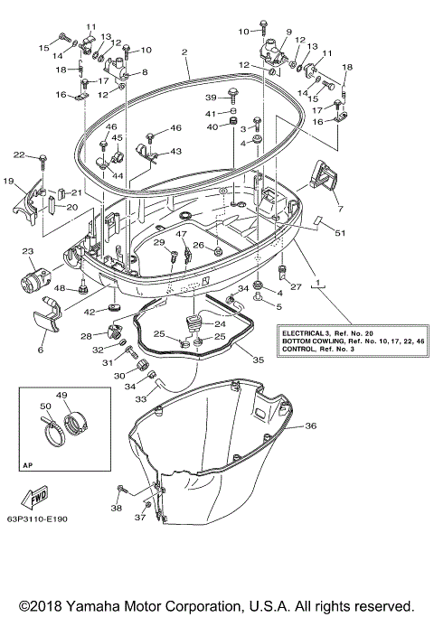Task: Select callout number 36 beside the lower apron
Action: pos(310,425)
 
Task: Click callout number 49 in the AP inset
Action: pos(61,395)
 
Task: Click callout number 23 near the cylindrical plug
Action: pos(27,251)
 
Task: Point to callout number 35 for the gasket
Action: pos(258,360)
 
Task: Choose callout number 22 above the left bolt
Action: pos(18,155)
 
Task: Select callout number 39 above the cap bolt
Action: pos(209,98)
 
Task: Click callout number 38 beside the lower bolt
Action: pos(116,509)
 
